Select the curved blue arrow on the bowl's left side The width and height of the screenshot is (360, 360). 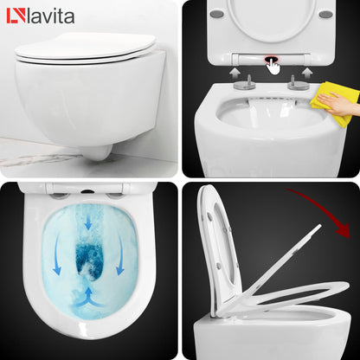point(54,256)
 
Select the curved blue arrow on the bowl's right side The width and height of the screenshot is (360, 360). point(131,256)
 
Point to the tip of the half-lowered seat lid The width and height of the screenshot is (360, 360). point(318,229)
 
